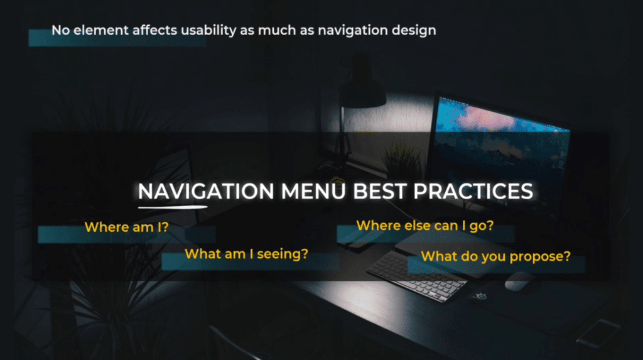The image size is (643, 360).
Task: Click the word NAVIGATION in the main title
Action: [x=206, y=191]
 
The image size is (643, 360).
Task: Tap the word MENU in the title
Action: [x=313, y=191]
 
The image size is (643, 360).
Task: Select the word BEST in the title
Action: [x=380, y=191]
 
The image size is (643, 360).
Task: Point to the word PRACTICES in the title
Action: [x=473, y=191]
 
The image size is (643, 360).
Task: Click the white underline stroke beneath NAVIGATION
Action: [x=173, y=207]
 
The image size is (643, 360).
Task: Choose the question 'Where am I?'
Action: [x=127, y=227]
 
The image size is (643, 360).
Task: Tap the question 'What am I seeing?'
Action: [x=246, y=254]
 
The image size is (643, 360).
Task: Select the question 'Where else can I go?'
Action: [x=425, y=226]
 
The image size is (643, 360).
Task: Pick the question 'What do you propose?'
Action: [x=496, y=256]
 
